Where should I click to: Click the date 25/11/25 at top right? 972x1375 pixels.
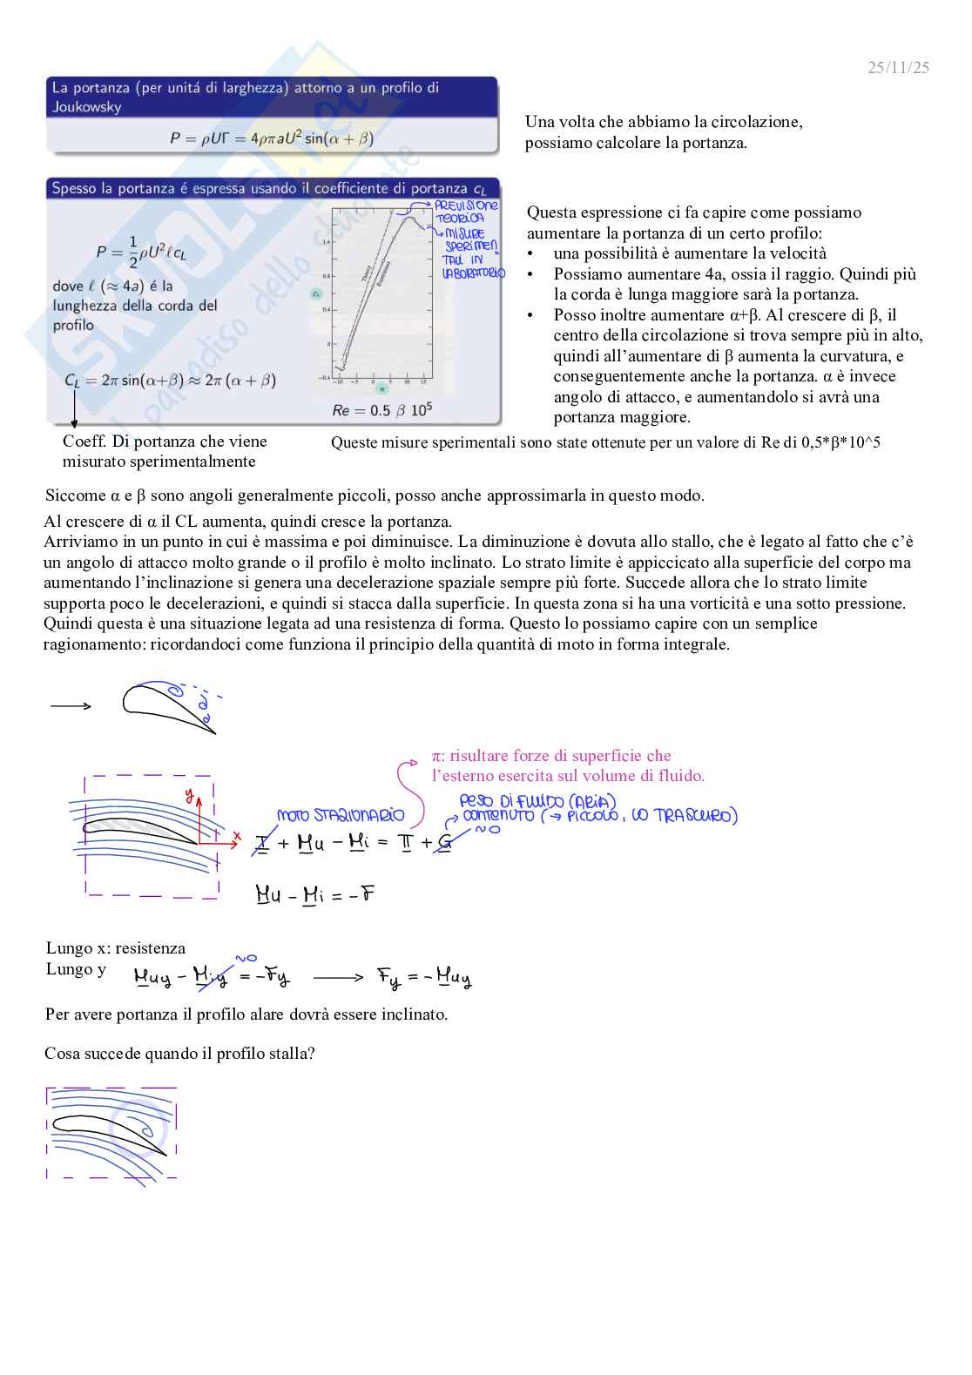(x=898, y=67)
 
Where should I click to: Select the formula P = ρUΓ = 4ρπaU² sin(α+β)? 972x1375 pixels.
(x=272, y=138)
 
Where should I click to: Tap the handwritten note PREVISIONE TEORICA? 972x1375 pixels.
(x=465, y=212)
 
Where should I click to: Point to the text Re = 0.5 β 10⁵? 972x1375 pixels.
(x=381, y=410)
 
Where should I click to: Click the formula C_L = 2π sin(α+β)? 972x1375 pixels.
(x=170, y=381)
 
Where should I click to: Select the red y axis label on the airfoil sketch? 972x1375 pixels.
(x=189, y=794)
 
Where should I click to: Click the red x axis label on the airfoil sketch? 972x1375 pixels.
(x=236, y=835)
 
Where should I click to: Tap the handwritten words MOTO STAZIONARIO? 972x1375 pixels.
(x=341, y=815)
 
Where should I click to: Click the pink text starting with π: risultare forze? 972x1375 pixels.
(x=551, y=756)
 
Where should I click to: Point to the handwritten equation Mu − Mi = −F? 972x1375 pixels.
(x=314, y=894)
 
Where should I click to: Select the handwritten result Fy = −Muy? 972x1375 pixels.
(x=423, y=977)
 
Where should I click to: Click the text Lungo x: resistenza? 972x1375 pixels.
(x=115, y=948)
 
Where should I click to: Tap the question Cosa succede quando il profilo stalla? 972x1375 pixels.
(x=179, y=1054)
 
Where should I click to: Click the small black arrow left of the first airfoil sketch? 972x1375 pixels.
(x=71, y=705)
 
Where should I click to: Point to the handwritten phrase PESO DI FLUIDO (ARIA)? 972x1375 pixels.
(x=537, y=800)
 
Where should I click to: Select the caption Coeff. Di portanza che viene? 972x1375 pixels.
(x=165, y=441)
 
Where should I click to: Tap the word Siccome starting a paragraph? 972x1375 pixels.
(x=75, y=495)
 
